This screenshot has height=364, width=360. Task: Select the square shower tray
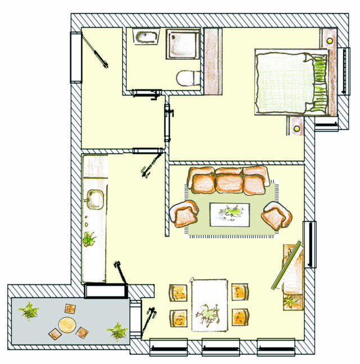click(x=182, y=43)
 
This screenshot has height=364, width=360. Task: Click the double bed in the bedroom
click(x=291, y=82)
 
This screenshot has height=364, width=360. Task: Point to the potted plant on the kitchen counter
click(x=89, y=240)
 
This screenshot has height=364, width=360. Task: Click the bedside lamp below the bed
click(x=296, y=128)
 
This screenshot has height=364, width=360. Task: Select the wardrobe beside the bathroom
click(x=213, y=61)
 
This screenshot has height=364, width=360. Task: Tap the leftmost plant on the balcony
click(x=28, y=311)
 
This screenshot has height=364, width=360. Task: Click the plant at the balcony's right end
click(x=118, y=331)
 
